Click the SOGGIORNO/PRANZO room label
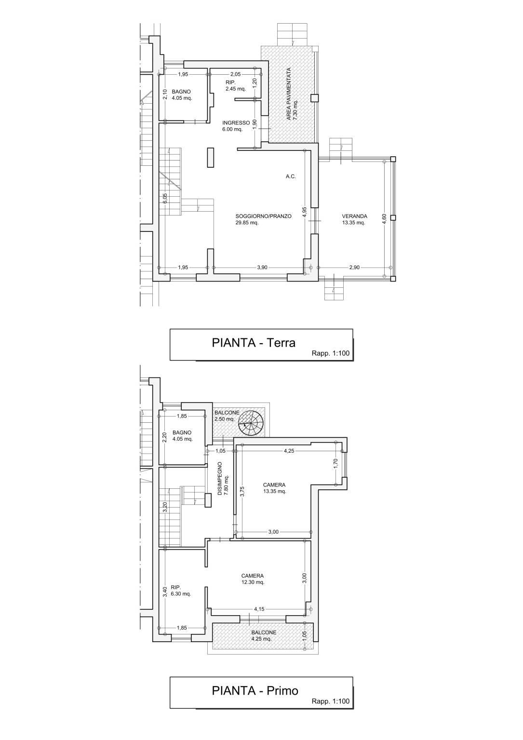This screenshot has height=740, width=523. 263,216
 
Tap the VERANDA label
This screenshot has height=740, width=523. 354,216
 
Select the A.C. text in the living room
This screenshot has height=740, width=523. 291,177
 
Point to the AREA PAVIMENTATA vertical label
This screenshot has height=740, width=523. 289,94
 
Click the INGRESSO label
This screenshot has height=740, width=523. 236,123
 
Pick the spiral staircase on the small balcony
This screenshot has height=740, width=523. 251,423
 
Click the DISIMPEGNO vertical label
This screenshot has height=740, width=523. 220,478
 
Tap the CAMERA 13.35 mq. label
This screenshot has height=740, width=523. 274,488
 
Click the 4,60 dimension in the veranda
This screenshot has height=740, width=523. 384,219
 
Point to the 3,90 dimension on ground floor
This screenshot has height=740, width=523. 262,268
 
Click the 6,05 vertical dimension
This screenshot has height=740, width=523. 164,199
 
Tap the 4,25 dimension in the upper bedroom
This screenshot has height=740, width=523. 289,451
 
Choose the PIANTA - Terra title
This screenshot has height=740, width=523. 254,343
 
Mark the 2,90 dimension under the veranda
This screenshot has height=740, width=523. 354,268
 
